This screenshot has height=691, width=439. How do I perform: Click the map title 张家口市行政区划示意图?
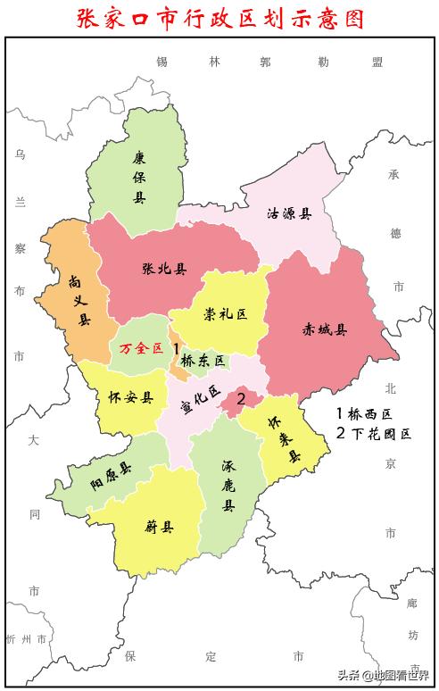[x=219, y=19]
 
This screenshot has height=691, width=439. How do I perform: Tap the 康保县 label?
[x=138, y=177]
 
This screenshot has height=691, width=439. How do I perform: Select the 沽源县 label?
[x=290, y=213]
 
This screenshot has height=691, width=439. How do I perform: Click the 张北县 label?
[x=164, y=269]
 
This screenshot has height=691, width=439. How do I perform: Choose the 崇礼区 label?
[x=224, y=314]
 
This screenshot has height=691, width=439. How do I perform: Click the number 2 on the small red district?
[x=241, y=398]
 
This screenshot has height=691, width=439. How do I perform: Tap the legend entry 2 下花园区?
[x=374, y=434]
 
